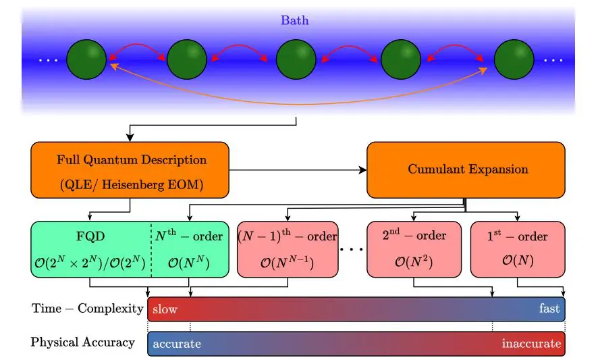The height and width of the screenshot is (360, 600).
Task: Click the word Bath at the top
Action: click(x=295, y=20)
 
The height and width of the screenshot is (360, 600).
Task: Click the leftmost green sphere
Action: click(x=86, y=59)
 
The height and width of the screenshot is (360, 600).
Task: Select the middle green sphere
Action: click(x=296, y=59)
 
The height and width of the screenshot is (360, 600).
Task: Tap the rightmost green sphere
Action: click(x=514, y=59)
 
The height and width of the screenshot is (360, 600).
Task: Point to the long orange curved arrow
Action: click(x=297, y=104)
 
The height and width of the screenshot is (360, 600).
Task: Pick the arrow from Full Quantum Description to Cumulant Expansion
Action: click(x=297, y=170)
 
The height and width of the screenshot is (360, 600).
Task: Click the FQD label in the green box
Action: click(x=89, y=236)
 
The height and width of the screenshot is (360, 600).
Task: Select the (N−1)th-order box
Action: click(x=288, y=249)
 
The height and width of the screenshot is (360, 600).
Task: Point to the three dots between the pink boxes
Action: click(x=352, y=249)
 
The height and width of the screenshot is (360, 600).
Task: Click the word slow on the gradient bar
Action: click(x=165, y=309)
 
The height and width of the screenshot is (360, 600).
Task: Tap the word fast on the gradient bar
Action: click(x=549, y=309)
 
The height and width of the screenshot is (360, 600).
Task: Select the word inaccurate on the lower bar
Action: click(x=530, y=344)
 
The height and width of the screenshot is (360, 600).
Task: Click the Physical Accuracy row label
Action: click(x=82, y=342)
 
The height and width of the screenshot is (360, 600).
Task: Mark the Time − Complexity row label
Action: click(x=88, y=309)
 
